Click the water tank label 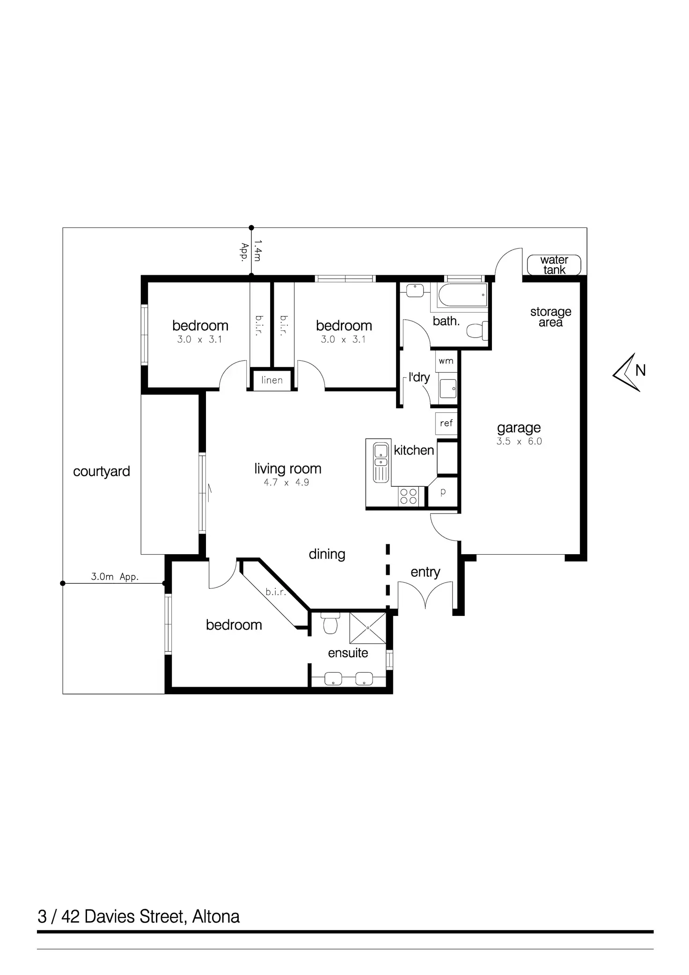554,265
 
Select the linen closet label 272,380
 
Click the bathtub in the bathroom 463,294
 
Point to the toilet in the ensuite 330,623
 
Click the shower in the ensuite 368,627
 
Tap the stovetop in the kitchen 409,496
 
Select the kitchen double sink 381,462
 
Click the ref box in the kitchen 446,423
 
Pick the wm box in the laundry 446,361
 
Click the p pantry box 443,492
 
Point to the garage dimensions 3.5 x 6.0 519,441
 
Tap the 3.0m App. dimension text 115,577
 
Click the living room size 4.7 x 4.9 286,483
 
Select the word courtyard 102,471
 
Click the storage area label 550,317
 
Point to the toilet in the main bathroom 476,331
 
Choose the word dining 327,554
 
